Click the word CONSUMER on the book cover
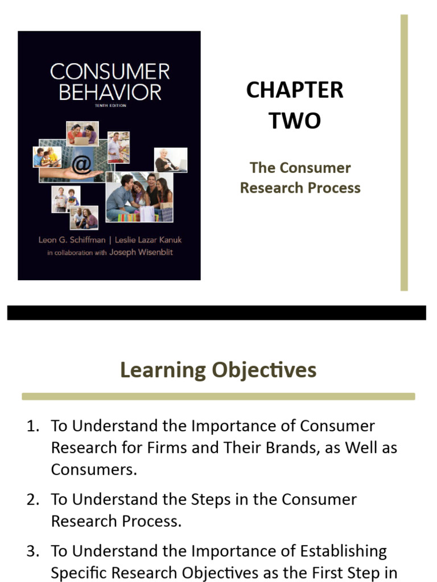tap(110, 72)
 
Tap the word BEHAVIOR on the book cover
tap(110, 92)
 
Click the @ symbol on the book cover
tap(81, 164)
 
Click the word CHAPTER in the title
tap(295, 90)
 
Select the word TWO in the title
tap(295, 121)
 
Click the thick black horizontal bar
tap(216, 313)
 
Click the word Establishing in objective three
tap(344, 551)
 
